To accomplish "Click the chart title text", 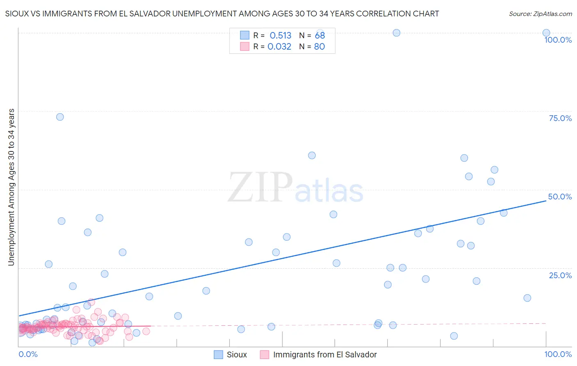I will (x=222, y=14).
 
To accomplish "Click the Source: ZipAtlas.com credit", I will (x=540, y=14).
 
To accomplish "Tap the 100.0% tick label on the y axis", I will (x=558, y=40).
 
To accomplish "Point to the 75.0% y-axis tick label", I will (x=560, y=118).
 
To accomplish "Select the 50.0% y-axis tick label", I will (x=560, y=197).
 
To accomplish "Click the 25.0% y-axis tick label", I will (x=560, y=275).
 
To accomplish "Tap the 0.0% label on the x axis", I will (x=28, y=354).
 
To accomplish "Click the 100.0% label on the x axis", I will (x=558, y=354).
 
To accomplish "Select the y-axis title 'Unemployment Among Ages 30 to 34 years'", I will (x=11, y=187).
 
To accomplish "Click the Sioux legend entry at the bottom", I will (x=237, y=355).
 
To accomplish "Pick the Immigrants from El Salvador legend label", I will (x=325, y=355).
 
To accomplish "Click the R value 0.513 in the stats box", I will (x=280, y=35).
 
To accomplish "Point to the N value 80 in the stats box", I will (x=319, y=46).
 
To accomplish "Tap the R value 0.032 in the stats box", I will (x=279, y=46).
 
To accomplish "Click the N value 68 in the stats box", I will (x=320, y=35).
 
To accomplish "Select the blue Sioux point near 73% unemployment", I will (x=60, y=117).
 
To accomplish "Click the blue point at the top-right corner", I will (x=546, y=33).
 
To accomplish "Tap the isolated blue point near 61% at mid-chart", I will (x=312, y=156).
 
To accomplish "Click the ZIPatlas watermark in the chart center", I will (x=295, y=188).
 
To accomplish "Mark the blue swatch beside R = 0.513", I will (x=245, y=35).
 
